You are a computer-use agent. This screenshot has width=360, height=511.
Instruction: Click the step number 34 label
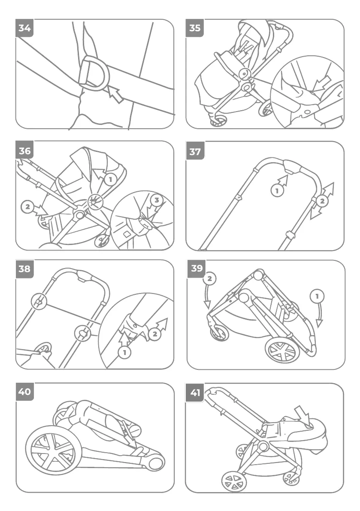pos(25,28)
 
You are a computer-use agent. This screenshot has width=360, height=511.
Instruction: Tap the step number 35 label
pos(195,28)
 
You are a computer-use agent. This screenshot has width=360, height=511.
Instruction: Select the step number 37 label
pos(195,151)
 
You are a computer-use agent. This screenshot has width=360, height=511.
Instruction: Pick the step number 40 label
pos(25,392)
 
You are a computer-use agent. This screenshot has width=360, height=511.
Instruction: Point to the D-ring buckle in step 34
pos(94,73)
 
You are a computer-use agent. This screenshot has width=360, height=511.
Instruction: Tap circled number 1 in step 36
pos(110,179)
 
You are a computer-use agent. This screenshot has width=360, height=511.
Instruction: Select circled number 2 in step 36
pos(27,207)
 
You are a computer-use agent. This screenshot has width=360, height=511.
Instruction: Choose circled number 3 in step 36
pos(157,200)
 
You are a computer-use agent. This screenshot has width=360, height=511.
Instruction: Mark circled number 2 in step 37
pos(322,200)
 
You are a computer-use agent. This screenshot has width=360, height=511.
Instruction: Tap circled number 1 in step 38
pos(124,353)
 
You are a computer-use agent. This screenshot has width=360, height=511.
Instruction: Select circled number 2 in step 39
pos(209,278)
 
